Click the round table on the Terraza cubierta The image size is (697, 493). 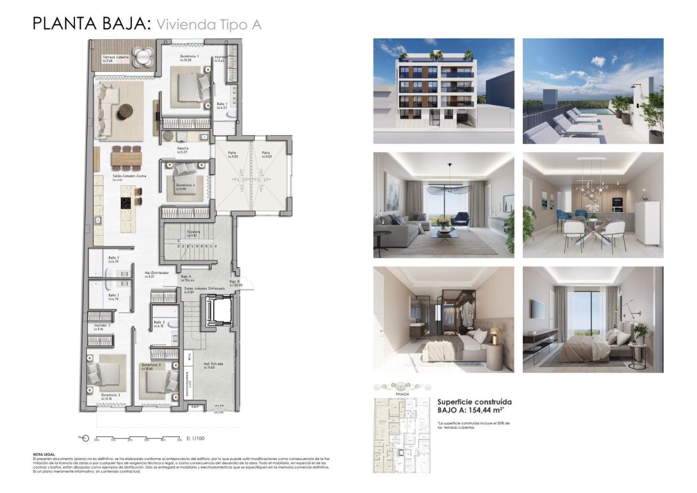point(144,55)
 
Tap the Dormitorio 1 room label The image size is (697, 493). point(189,57)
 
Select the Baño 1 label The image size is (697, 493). point(221,104)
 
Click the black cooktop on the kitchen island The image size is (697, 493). point(126,203)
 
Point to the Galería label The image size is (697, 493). point(183,148)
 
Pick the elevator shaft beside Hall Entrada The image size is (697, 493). point(220,310)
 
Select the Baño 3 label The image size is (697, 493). point(158,322)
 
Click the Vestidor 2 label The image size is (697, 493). point(102,325)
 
